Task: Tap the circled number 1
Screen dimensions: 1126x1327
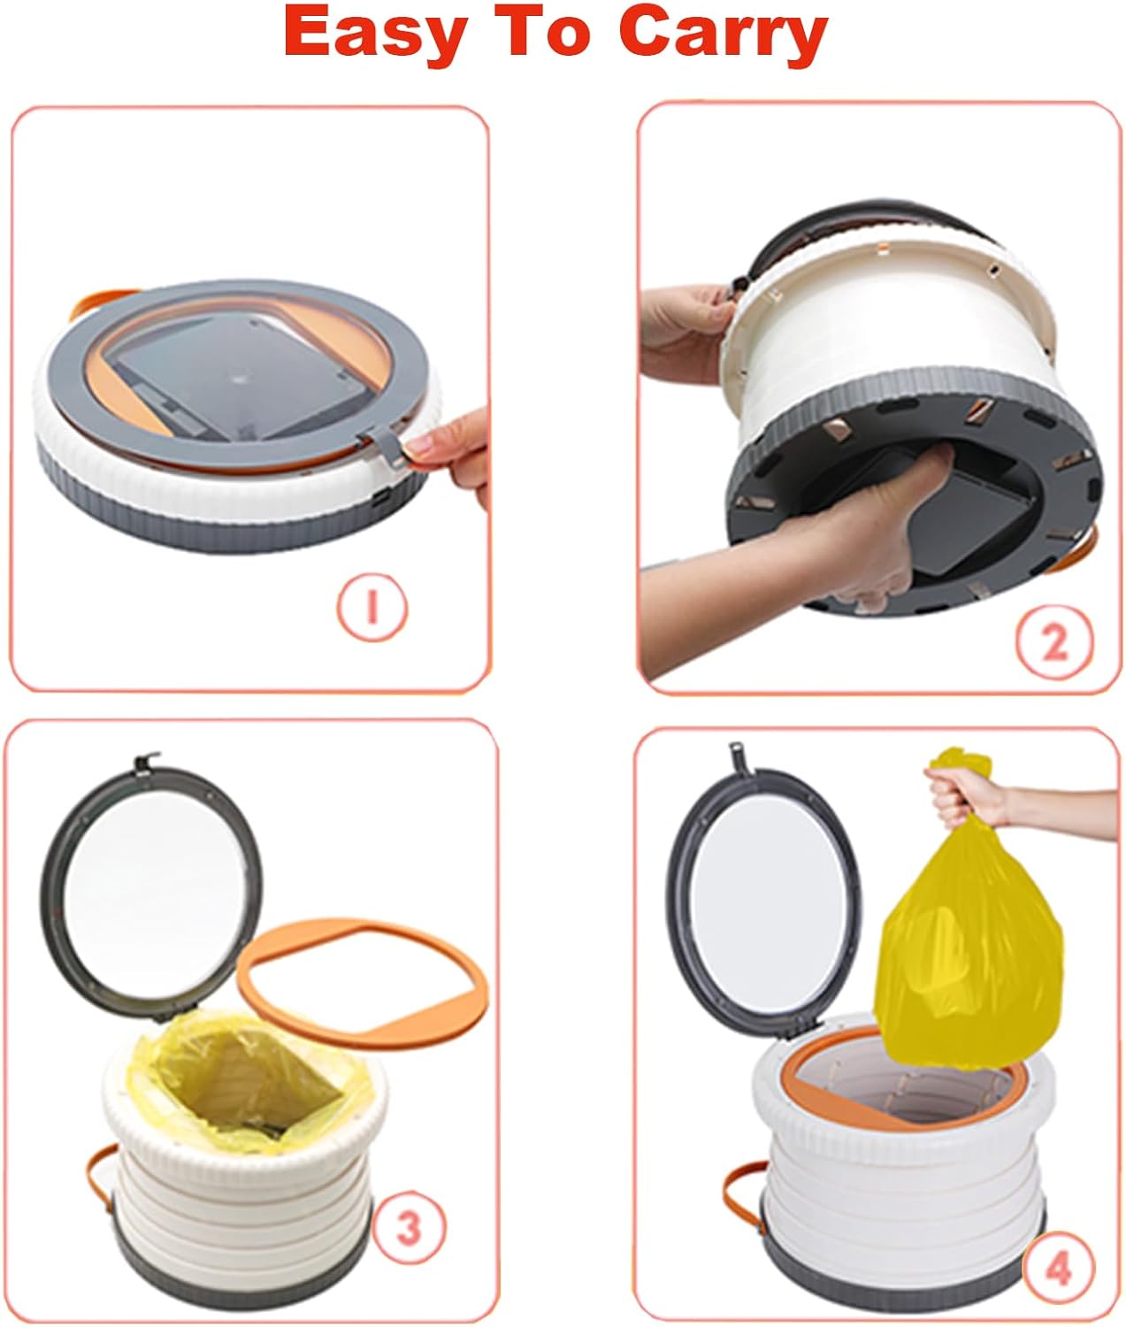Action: point(372,608)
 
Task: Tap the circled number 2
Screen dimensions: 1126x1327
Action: point(1054,642)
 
